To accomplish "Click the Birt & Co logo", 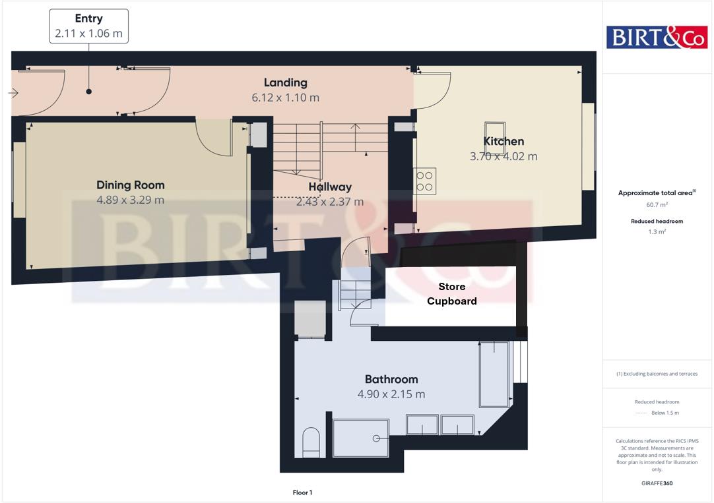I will [x=656, y=37].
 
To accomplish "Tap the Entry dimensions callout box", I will [x=88, y=26].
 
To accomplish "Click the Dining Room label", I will [x=130, y=185].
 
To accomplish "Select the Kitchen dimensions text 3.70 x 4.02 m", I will [x=503, y=156].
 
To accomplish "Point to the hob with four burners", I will [x=426, y=181].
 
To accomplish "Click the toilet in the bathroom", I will [x=310, y=442].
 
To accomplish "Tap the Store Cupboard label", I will [x=451, y=294].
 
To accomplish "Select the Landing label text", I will [x=285, y=82].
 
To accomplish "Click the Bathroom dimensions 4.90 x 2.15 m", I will [x=391, y=394].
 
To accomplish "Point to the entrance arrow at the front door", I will [x=13, y=94].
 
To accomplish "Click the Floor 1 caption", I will [x=302, y=492].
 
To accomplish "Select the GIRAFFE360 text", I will [x=657, y=483].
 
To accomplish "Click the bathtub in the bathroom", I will [x=494, y=374].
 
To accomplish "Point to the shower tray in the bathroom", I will [x=360, y=438].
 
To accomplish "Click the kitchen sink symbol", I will [x=495, y=129].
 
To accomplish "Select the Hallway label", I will [x=329, y=187].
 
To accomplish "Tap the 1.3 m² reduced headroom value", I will [x=657, y=231].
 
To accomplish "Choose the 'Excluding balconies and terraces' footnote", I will [x=657, y=374].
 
